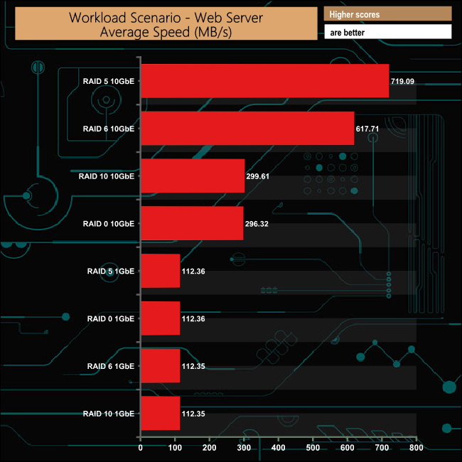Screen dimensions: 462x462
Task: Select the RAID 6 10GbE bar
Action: tap(247, 129)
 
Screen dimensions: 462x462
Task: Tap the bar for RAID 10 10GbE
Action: tap(193, 176)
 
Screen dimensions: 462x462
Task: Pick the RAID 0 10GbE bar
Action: tap(192, 223)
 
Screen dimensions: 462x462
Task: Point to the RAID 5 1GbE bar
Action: tap(161, 271)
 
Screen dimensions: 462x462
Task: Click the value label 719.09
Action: tap(402, 82)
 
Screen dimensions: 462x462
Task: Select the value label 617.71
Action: tap(367, 129)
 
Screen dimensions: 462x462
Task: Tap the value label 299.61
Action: tap(259, 176)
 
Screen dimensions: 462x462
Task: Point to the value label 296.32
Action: tap(257, 224)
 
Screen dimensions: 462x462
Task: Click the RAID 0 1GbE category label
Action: tap(111, 319)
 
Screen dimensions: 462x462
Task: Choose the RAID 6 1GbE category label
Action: tap(111, 366)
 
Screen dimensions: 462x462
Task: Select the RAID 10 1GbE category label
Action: tap(109, 414)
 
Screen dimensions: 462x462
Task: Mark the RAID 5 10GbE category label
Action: tap(109, 82)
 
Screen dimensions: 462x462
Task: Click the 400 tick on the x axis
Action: tap(279, 448)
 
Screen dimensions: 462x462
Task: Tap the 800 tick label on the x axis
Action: tap(417, 448)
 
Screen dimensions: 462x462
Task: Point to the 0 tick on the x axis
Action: tap(141, 448)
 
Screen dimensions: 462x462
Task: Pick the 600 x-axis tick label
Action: tap(348, 448)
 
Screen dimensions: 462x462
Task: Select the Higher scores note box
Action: tap(387, 14)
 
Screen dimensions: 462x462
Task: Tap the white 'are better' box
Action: tap(387, 32)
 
